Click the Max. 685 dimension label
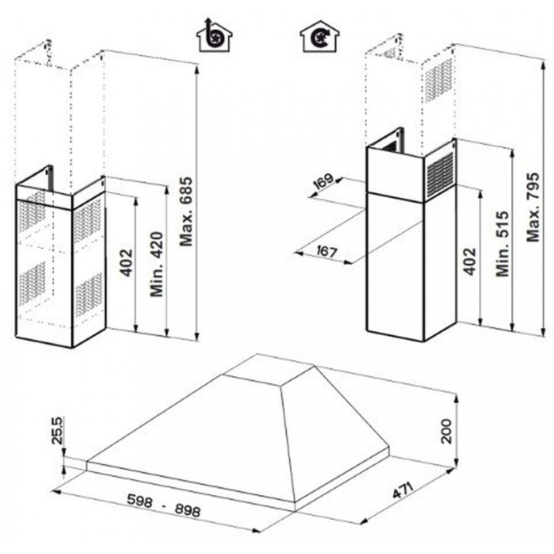point(186,211)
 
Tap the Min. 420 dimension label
point(157,264)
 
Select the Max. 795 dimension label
point(533,207)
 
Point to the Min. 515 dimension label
point(502,244)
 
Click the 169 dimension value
point(323,181)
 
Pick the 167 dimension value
point(326,252)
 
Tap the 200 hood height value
point(447,432)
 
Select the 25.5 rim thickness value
point(57,430)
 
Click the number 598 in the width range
point(140,500)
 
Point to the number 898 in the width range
point(187,510)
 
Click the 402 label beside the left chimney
point(126,263)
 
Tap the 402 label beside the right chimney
point(470,261)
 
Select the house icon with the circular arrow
point(320,36)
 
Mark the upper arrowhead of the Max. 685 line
point(197,69)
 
